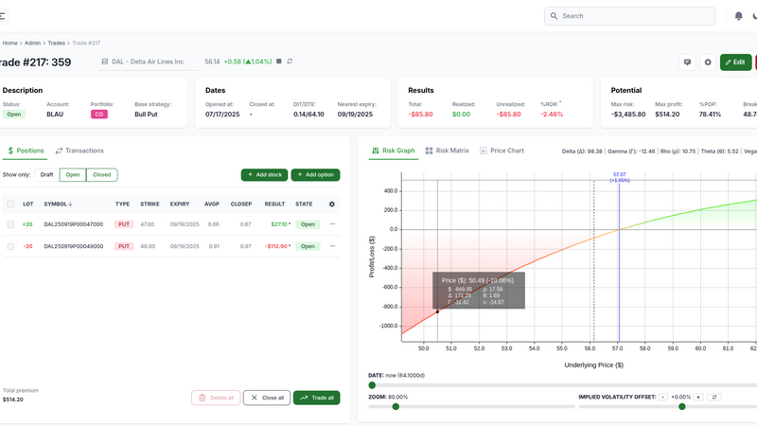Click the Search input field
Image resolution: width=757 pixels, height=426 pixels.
coord(634,16)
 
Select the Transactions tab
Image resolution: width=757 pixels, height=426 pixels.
coord(79,151)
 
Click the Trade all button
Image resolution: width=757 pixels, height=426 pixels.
coord(316,398)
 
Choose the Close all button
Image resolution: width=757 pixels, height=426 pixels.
coord(266,398)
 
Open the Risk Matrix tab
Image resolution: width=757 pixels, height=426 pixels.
coord(447,151)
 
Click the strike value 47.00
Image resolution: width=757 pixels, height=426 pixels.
coord(149,224)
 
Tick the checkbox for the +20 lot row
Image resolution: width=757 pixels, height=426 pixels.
coord(10,224)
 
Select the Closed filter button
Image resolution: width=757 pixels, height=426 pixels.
coord(101,175)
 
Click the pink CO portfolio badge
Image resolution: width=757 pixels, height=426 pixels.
coord(97,114)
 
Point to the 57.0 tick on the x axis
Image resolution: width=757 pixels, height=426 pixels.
coord(618,347)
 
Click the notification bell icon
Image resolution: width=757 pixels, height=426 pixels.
coord(738,16)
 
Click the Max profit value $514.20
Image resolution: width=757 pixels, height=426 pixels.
coord(660,114)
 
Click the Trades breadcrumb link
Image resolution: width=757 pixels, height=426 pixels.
coord(56,43)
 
